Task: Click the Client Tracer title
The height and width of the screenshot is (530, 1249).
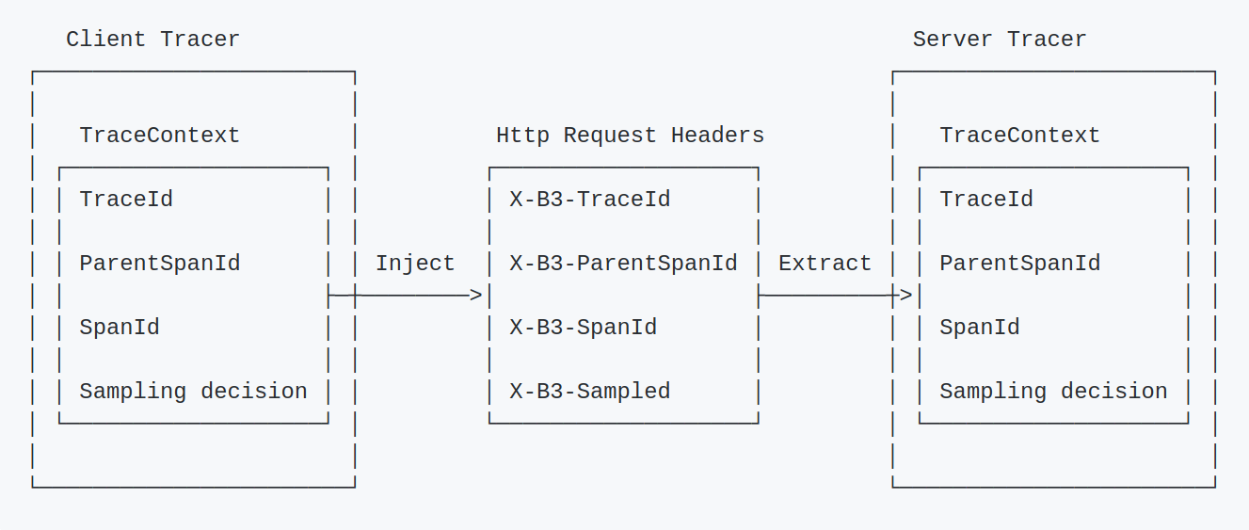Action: [x=152, y=40]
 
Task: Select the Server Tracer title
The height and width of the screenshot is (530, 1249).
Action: [x=1000, y=40]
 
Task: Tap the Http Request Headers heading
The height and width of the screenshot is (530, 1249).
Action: [x=630, y=136]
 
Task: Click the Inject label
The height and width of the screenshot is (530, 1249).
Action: [x=415, y=264]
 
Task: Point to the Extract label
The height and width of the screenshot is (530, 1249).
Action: [x=825, y=264]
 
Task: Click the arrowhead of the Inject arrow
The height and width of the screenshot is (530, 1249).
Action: [x=476, y=296]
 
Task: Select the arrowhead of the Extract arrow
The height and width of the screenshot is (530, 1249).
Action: [x=906, y=296]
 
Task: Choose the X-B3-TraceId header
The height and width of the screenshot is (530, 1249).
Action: [x=590, y=200]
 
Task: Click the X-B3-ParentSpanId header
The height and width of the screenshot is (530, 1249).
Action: [x=623, y=264]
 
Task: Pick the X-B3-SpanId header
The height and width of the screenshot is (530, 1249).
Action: [x=584, y=328]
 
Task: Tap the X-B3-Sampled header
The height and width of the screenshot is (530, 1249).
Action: [x=590, y=392]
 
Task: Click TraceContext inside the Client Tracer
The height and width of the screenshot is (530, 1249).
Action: [x=160, y=136]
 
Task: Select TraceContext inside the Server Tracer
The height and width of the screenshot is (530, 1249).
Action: [x=1020, y=136]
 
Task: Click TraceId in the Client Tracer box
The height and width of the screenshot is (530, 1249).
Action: [x=126, y=200]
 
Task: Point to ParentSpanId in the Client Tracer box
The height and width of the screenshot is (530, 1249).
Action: [x=160, y=264]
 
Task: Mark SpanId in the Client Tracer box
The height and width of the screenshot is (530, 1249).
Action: [x=120, y=328]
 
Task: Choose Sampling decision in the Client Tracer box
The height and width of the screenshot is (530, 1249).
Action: [x=193, y=392]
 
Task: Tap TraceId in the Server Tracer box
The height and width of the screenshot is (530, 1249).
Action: [x=986, y=200]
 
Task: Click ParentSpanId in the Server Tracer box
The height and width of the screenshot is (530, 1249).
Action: [x=1020, y=264]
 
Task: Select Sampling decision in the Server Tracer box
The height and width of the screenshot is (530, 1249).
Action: [x=1053, y=392]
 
